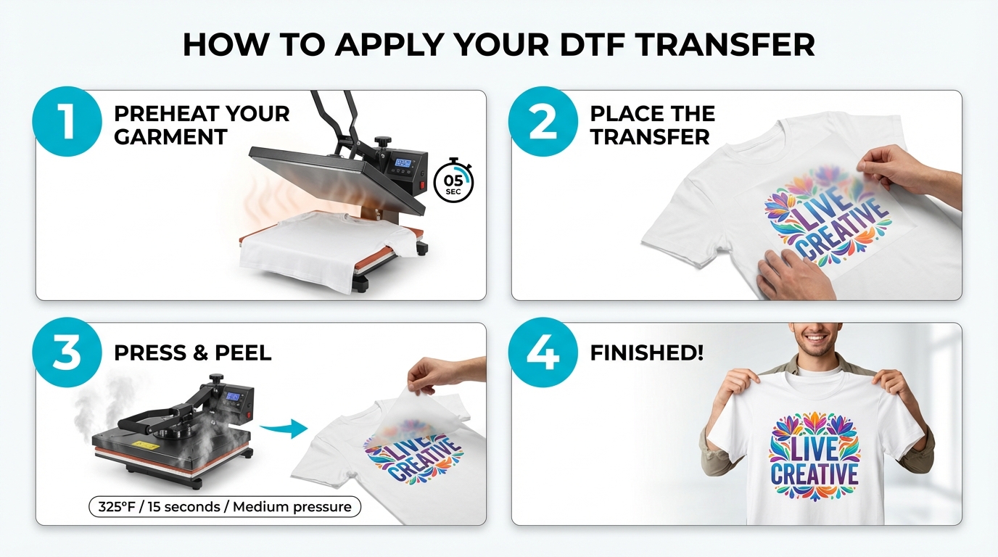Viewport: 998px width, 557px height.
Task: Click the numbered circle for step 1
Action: (67, 121)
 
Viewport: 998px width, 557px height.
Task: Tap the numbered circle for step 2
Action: (543, 121)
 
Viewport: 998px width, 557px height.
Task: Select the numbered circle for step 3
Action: (67, 352)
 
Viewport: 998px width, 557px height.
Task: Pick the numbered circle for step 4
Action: (543, 352)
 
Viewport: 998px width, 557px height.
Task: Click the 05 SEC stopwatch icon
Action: (453, 181)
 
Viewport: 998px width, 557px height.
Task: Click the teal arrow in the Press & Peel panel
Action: (284, 429)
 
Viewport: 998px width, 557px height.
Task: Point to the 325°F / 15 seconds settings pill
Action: (225, 507)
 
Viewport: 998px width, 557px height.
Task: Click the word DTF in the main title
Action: (591, 44)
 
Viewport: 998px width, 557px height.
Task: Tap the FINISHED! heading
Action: (646, 353)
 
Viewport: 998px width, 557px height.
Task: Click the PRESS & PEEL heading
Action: (192, 353)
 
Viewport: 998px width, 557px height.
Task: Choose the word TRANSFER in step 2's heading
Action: (650, 137)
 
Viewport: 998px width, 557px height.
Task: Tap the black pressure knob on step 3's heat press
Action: (216, 379)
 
